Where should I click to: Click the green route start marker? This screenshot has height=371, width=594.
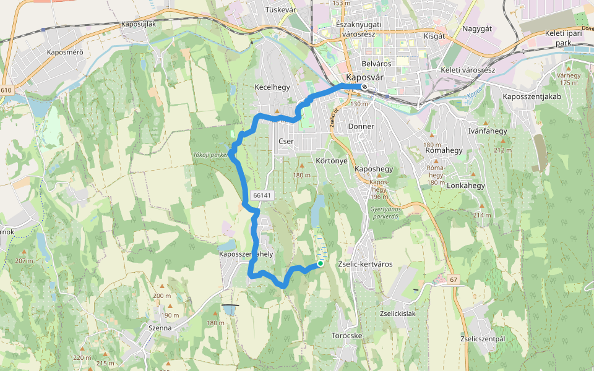point(321,263)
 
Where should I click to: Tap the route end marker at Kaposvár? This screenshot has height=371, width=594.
point(364,87)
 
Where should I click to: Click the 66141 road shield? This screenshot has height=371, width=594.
point(262,195)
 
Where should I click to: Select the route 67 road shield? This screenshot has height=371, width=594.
point(454,280)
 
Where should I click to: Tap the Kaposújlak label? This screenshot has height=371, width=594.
point(139,23)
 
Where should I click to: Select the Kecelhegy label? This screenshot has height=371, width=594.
point(272,87)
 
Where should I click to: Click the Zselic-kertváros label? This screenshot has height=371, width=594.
point(365,264)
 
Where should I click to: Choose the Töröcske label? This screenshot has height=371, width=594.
point(346,336)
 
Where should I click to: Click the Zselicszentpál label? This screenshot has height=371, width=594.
point(483,339)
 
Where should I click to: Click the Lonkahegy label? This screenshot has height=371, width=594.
point(465,185)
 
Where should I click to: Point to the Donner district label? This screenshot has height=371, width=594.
point(361,126)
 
